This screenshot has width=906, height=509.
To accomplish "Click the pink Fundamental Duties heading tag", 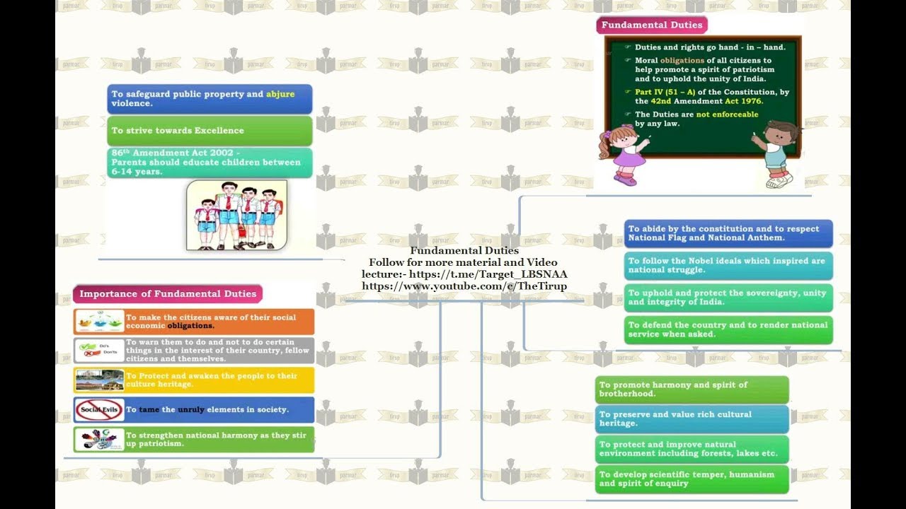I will pyautogui.click(x=652, y=25).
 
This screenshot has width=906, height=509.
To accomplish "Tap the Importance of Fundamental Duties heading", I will pyautogui.click(x=167, y=294).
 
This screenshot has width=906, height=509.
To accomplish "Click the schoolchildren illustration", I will pyautogui.click(x=236, y=215).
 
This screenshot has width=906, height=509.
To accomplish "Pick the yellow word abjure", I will pyautogui.click(x=280, y=94).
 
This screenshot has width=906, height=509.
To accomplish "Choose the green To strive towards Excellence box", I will pyautogui.click(x=210, y=131).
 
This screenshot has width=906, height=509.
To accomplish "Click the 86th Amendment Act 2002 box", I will pyautogui.click(x=210, y=163).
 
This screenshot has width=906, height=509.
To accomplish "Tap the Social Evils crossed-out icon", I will pyautogui.click(x=99, y=410).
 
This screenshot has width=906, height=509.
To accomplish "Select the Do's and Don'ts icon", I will pyautogui.click(x=99, y=350).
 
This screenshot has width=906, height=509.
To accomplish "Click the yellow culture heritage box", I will pyautogui.click(x=194, y=380).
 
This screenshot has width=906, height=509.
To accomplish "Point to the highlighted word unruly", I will pyautogui.click(x=191, y=410).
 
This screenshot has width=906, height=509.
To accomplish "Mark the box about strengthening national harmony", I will pyautogui.click(x=194, y=440).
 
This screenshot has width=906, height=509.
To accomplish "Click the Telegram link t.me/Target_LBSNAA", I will pyautogui.click(x=488, y=274).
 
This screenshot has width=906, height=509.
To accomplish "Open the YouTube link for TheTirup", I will pyautogui.click(x=464, y=286).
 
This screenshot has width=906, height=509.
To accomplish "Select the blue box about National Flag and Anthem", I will pyautogui.click(x=728, y=233).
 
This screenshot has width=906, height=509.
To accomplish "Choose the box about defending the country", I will pyautogui.click(x=728, y=329).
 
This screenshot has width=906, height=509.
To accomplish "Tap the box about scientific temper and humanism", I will pyautogui.click(x=692, y=479).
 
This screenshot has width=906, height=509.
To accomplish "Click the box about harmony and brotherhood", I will pyautogui.click(x=692, y=390).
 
